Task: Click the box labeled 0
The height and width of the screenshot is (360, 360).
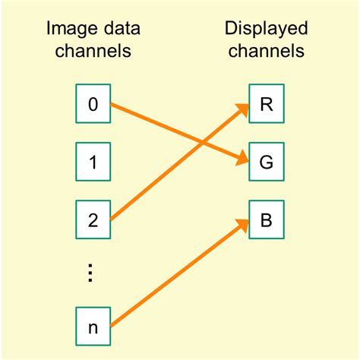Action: point(93,104)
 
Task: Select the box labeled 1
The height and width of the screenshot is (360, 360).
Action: point(93,161)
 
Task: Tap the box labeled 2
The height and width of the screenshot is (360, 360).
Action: point(93,219)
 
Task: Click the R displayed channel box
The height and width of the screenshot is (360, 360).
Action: point(267,104)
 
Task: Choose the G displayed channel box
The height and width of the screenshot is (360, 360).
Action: point(267,161)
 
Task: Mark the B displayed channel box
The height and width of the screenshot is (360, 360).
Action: point(267,219)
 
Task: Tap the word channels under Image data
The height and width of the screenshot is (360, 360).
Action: point(93,52)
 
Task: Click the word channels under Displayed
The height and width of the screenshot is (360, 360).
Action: point(266,52)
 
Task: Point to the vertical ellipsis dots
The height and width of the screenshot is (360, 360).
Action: point(92,273)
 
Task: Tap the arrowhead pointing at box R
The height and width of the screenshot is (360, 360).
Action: point(243,110)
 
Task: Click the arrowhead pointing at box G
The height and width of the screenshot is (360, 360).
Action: point(242,159)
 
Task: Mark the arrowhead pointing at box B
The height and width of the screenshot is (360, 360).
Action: point(243,226)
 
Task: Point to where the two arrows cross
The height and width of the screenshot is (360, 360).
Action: point(203,143)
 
